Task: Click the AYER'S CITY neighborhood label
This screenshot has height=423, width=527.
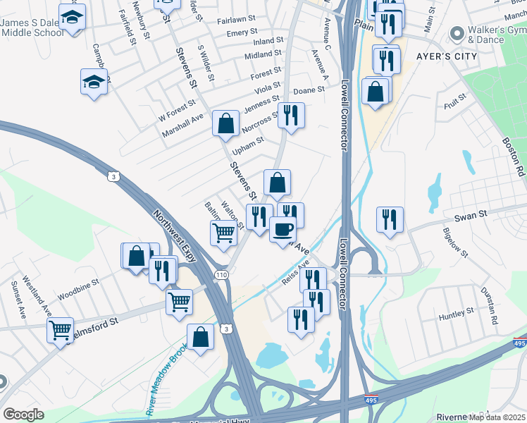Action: coord(447,54)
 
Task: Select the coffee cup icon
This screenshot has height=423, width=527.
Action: coord(283,229)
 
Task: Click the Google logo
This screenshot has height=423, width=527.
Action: coord(23,415)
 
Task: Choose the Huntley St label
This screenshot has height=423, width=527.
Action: coord(456,312)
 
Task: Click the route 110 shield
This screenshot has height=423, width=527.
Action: coord(223,275)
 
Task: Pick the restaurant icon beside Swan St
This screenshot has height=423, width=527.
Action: coord(390,220)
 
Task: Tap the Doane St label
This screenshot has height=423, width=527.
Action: coord(309,90)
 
